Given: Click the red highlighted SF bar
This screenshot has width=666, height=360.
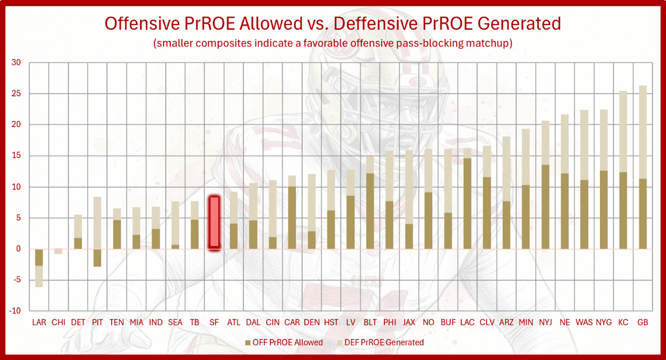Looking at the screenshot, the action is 214,222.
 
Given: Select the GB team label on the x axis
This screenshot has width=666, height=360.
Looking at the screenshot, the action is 643,322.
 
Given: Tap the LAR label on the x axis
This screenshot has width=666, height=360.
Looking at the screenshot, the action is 39,322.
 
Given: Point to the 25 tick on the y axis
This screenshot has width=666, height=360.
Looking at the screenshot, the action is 16,93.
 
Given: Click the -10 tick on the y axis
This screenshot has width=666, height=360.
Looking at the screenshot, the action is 15,311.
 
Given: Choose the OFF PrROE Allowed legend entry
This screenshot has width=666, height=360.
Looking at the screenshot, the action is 284,342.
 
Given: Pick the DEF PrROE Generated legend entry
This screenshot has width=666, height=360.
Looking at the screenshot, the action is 380,342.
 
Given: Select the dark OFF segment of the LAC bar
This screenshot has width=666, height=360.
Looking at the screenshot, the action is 467,203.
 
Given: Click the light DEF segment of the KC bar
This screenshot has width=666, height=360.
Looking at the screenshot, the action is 623,132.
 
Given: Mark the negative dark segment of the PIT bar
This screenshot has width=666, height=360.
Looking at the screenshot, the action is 98,258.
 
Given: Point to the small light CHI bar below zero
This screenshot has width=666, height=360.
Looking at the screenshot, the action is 58,251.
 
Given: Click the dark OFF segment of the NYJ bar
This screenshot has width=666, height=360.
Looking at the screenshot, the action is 545,207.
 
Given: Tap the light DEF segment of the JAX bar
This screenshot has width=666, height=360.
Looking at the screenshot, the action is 409,187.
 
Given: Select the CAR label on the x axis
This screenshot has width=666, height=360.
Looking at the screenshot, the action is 292,322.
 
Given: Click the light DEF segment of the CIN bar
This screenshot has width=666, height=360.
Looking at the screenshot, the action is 273,209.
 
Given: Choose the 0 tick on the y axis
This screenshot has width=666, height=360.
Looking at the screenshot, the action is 19,249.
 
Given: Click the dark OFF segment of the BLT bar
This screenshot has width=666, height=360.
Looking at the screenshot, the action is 370,211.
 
